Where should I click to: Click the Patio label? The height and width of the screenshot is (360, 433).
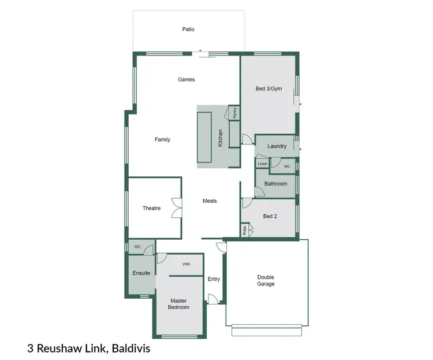[x=188, y=28]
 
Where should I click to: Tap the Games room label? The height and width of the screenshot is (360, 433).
[x=186, y=79]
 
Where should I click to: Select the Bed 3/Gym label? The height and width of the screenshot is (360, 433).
[x=268, y=89]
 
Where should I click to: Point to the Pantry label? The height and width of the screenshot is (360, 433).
[x=235, y=113]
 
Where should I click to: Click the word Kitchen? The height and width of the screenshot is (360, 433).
[x=220, y=138]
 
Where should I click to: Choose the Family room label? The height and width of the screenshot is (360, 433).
[x=162, y=139]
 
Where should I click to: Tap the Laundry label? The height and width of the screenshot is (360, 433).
[x=277, y=146]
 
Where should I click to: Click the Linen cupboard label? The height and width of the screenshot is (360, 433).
[x=263, y=164]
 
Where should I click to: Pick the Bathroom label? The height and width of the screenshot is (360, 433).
[x=275, y=184]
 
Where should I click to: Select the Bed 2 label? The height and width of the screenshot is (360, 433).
[x=270, y=216]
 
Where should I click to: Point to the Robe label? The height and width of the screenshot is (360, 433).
[x=245, y=231]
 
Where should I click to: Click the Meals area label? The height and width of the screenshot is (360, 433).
[x=210, y=201]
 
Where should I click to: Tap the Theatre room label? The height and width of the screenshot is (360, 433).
[x=151, y=208]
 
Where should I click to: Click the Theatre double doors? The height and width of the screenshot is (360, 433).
[x=177, y=208]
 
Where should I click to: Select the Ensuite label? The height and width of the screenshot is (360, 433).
[x=141, y=273]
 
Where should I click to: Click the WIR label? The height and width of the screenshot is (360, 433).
[x=186, y=264]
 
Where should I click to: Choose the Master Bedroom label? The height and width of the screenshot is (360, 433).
[x=178, y=303]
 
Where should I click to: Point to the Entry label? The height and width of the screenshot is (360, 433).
[x=214, y=279]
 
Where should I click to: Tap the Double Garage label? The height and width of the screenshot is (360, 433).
[x=266, y=280]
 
